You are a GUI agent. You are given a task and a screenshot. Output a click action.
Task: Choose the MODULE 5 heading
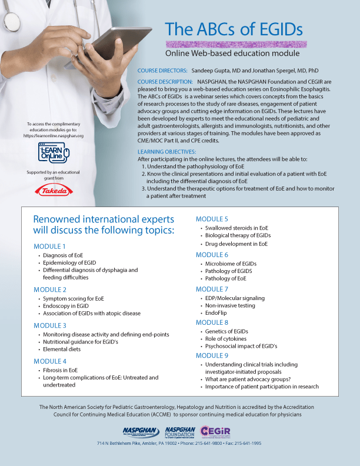pyautogui.click(x=212, y=219)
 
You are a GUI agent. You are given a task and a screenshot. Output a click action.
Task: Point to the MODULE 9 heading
pyautogui.click(x=212, y=355)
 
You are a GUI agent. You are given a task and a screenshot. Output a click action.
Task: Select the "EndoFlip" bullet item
pyautogui.click(x=218, y=314)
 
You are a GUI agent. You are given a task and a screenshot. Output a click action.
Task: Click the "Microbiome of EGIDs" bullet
pyautogui.click(x=231, y=264)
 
